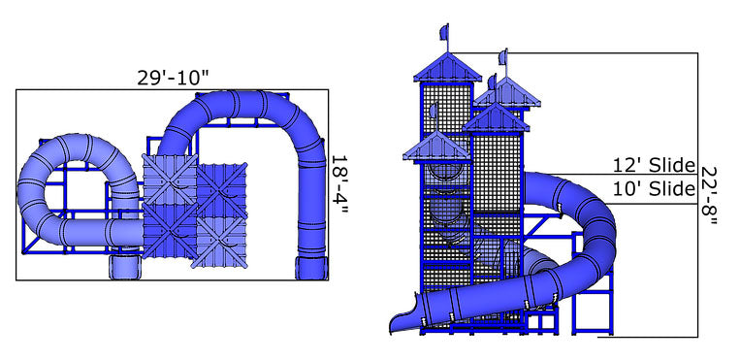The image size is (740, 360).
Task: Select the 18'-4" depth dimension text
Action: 338,184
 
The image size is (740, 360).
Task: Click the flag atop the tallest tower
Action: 445,33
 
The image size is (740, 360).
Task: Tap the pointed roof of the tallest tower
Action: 447,66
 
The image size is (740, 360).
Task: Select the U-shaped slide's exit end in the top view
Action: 310,265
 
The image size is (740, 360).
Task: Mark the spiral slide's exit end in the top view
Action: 126,265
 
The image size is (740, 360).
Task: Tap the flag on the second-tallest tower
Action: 503,57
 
